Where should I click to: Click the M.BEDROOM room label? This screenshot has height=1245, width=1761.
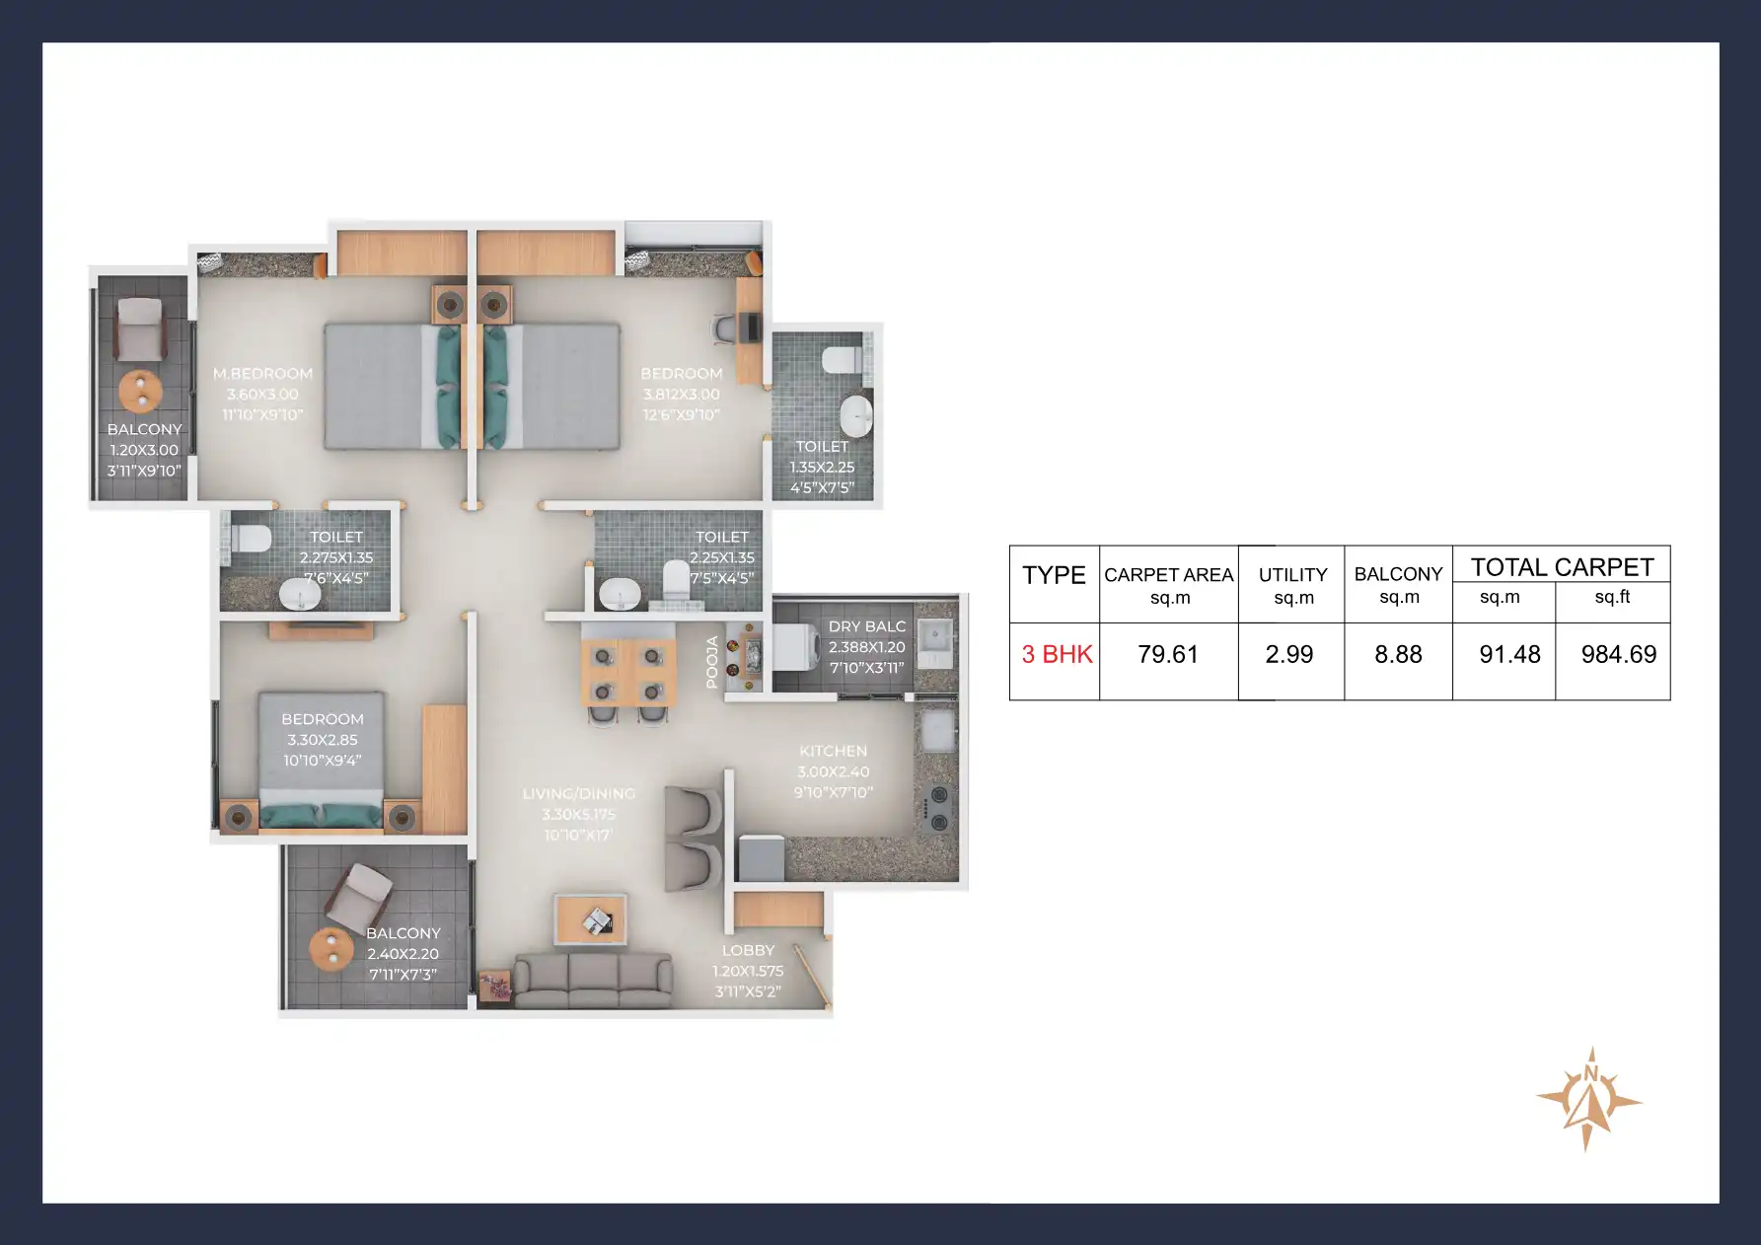[x=262, y=374]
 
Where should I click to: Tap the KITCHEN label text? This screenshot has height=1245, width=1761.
[x=833, y=752]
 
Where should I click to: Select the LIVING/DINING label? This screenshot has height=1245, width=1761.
[x=579, y=794]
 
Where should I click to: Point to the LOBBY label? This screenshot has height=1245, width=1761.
[x=748, y=951]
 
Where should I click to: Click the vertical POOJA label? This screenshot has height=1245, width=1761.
[x=712, y=661]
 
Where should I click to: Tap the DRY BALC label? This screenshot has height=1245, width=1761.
[x=866, y=626]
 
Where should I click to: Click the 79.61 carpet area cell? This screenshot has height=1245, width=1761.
[x=1168, y=655]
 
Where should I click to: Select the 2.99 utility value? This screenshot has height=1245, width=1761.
[x=1289, y=655]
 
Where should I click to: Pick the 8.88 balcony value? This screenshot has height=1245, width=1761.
[x=1398, y=655]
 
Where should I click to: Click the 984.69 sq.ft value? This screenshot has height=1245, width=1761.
[x=1618, y=655]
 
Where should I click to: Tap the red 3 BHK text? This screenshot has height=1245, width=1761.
[x=1057, y=655]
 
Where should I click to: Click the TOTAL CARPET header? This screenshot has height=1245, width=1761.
[x=1562, y=567]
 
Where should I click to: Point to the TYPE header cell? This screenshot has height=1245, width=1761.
[x=1054, y=575]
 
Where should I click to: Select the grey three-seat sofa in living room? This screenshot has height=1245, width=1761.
[x=593, y=980]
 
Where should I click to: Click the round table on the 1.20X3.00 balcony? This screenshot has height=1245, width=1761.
[x=141, y=391]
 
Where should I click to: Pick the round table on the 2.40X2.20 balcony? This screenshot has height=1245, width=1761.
[x=331, y=949]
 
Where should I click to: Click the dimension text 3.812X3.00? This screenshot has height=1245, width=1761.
[x=682, y=395]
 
